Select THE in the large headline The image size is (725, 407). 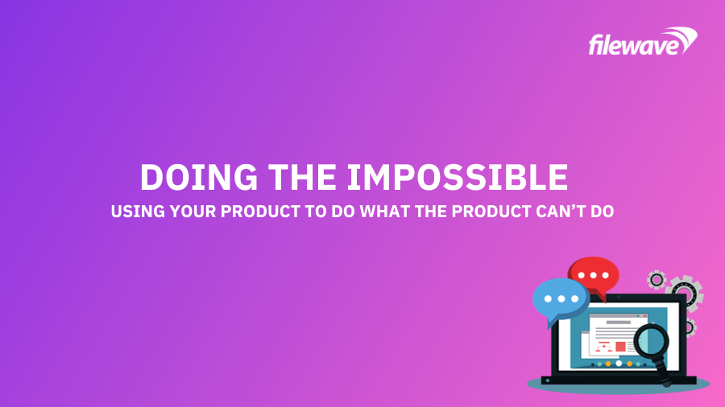point(302,177)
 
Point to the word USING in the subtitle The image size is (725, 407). point(138,212)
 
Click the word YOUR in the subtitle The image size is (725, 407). point(193,212)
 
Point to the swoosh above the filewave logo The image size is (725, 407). point(680,36)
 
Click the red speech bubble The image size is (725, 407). point(594,277)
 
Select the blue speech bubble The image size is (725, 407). point(561,301)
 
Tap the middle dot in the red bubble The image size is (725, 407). point(593,275)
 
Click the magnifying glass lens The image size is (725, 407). point(651,342)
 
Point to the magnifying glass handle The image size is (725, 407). point(662,371)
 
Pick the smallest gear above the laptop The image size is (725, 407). point(656,279)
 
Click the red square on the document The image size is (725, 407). point(620,347)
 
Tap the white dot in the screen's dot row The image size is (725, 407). point(619,364)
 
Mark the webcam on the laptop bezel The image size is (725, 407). point(619,298)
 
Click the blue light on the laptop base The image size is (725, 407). point(548,380)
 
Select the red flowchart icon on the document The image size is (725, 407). point(604,347)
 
